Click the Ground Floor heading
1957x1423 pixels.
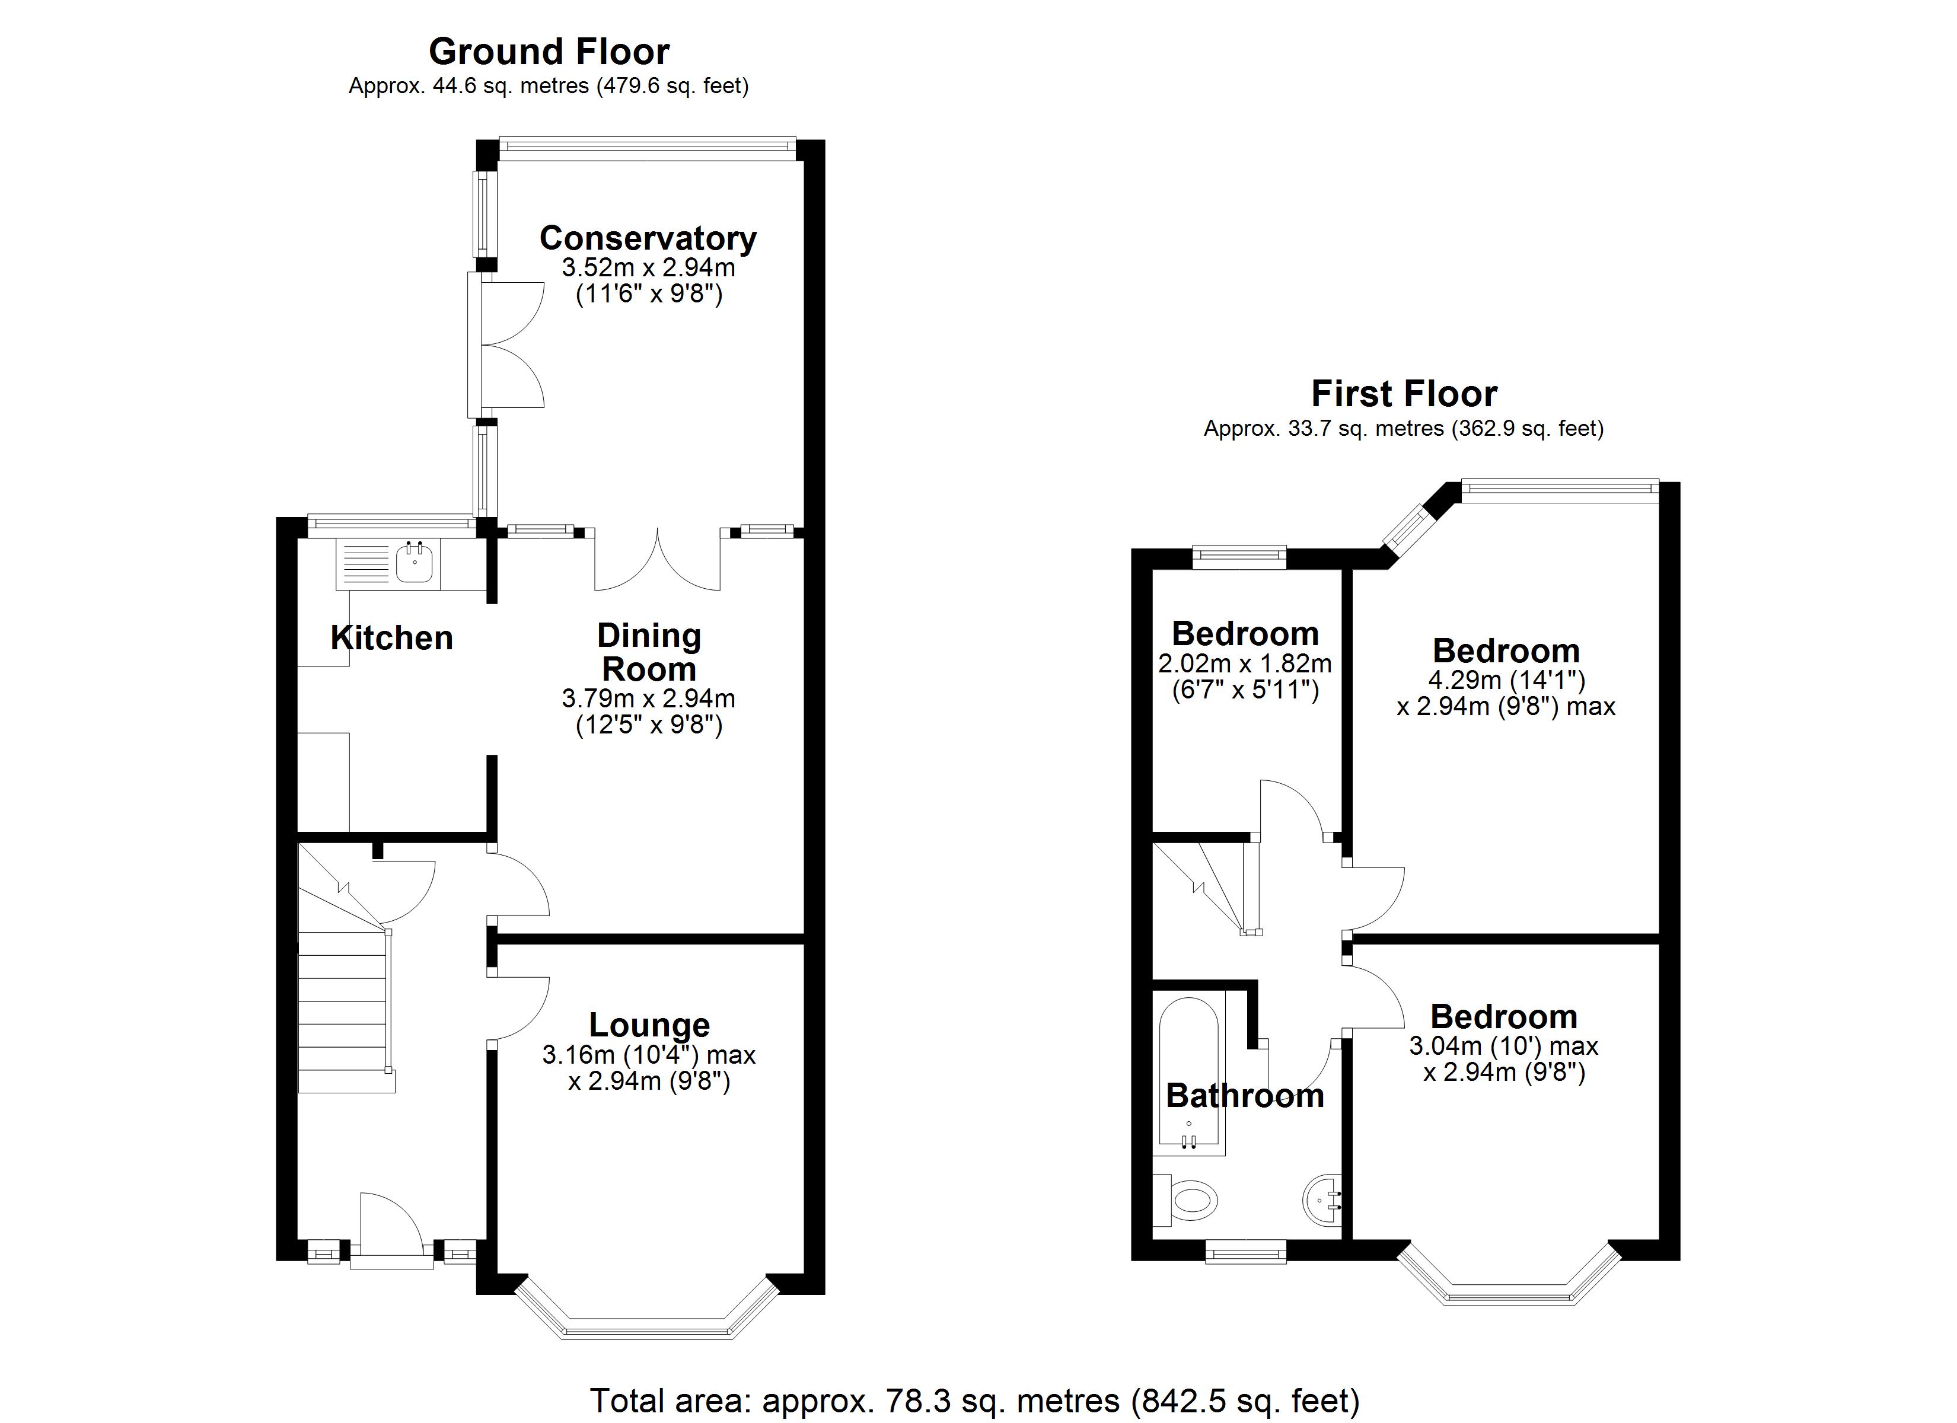(x=549, y=52)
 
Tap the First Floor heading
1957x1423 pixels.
(x=1404, y=394)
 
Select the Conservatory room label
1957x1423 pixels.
(x=648, y=238)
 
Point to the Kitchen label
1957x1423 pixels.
(x=392, y=638)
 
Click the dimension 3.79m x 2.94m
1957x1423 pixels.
(x=648, y=697)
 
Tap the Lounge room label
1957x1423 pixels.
(x=649, y=1025)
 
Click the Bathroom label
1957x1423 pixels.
(x=1244, y=1096)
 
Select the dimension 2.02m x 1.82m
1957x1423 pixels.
(x=1244, y=663)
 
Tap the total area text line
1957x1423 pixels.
(x=974, y=1400)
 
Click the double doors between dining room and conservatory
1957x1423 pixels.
(x=658, y=561)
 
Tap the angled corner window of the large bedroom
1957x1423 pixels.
(x=1407, y=527)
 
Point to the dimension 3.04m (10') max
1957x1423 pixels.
(x=1503, y=1046)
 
